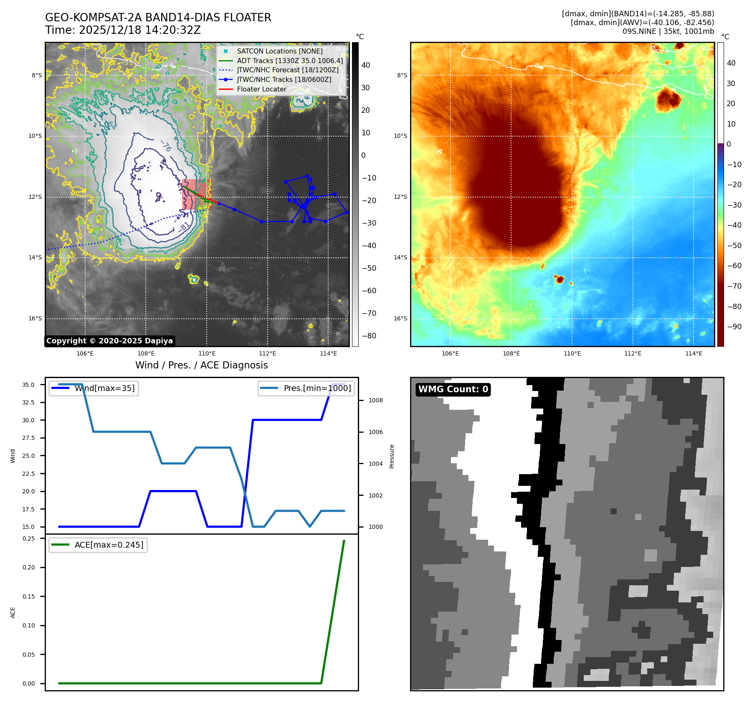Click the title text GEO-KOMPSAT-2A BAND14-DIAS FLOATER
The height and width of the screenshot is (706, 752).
pyautogui.click(x=158, y=18)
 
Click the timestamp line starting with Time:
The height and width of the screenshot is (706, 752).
pyautogui.click(x=123, y=30)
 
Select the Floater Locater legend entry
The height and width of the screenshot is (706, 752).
pyautogui.click(x=261, y=89)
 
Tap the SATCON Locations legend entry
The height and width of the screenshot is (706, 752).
pyautogui.click(x=279, y=51)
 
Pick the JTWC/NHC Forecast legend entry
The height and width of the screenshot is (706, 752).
pyautogui.click(x=288, y=70)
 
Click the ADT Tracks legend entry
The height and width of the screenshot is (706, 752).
pyautogui.click(x=290, y=61)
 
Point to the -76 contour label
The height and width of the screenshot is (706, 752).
pyautogui.click(x=166, y=146)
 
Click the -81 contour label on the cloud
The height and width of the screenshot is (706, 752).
pyautogui.click(x=184, y=227)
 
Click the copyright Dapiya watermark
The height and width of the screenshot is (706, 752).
pyautogui.click(x=109, y=341)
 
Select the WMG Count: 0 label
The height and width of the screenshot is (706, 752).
pyautogui.click(x=453, y=389)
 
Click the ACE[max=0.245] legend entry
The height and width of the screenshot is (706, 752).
pyautogui.click(x=109, y=545)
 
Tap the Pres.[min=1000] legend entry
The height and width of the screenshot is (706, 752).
pyautogui.click(x=317, y=388)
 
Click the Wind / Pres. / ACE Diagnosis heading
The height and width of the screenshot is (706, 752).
pyautogui.click(x=201, y=365)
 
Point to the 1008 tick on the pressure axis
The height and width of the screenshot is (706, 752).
pyautogui.click(x=375, y=400)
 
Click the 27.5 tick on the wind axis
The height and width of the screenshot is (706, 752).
pyautogui.click(x=28, y=438)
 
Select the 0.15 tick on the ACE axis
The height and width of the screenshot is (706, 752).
pyautogui.click(x=28, y=597)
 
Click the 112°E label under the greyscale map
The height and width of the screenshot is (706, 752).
pyautogui.click(x=267, y=353)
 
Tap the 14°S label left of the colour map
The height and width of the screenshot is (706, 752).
pyautogui.click(x=400, y=257)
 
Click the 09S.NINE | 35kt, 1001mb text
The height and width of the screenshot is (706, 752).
pyautogui.click(x=668, y=31)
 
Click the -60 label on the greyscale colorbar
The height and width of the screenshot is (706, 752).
pyautogui.click(x=369, y=291)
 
